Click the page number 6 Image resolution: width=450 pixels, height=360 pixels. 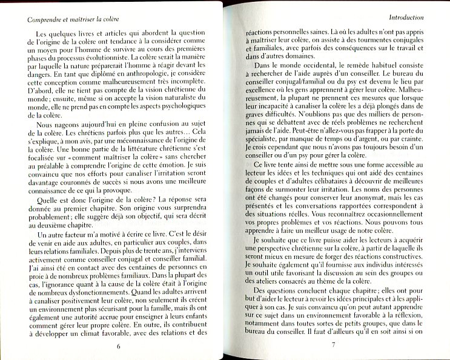click(119, 345)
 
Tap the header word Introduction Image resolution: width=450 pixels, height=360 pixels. click(419, 18)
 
